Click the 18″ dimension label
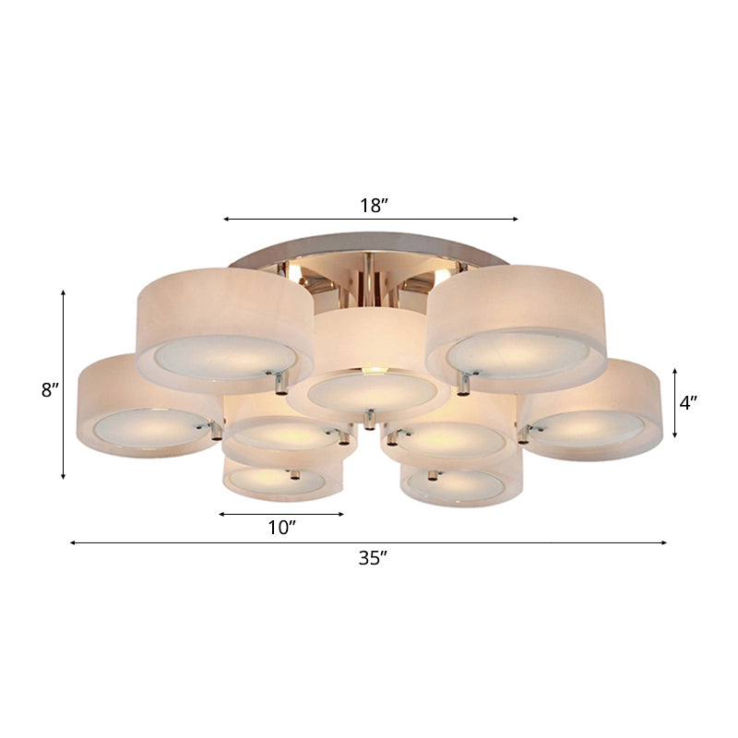[371, 206]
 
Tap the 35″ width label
[371, 557]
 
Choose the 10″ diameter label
[281, 528]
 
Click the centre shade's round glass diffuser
[374, 392]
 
